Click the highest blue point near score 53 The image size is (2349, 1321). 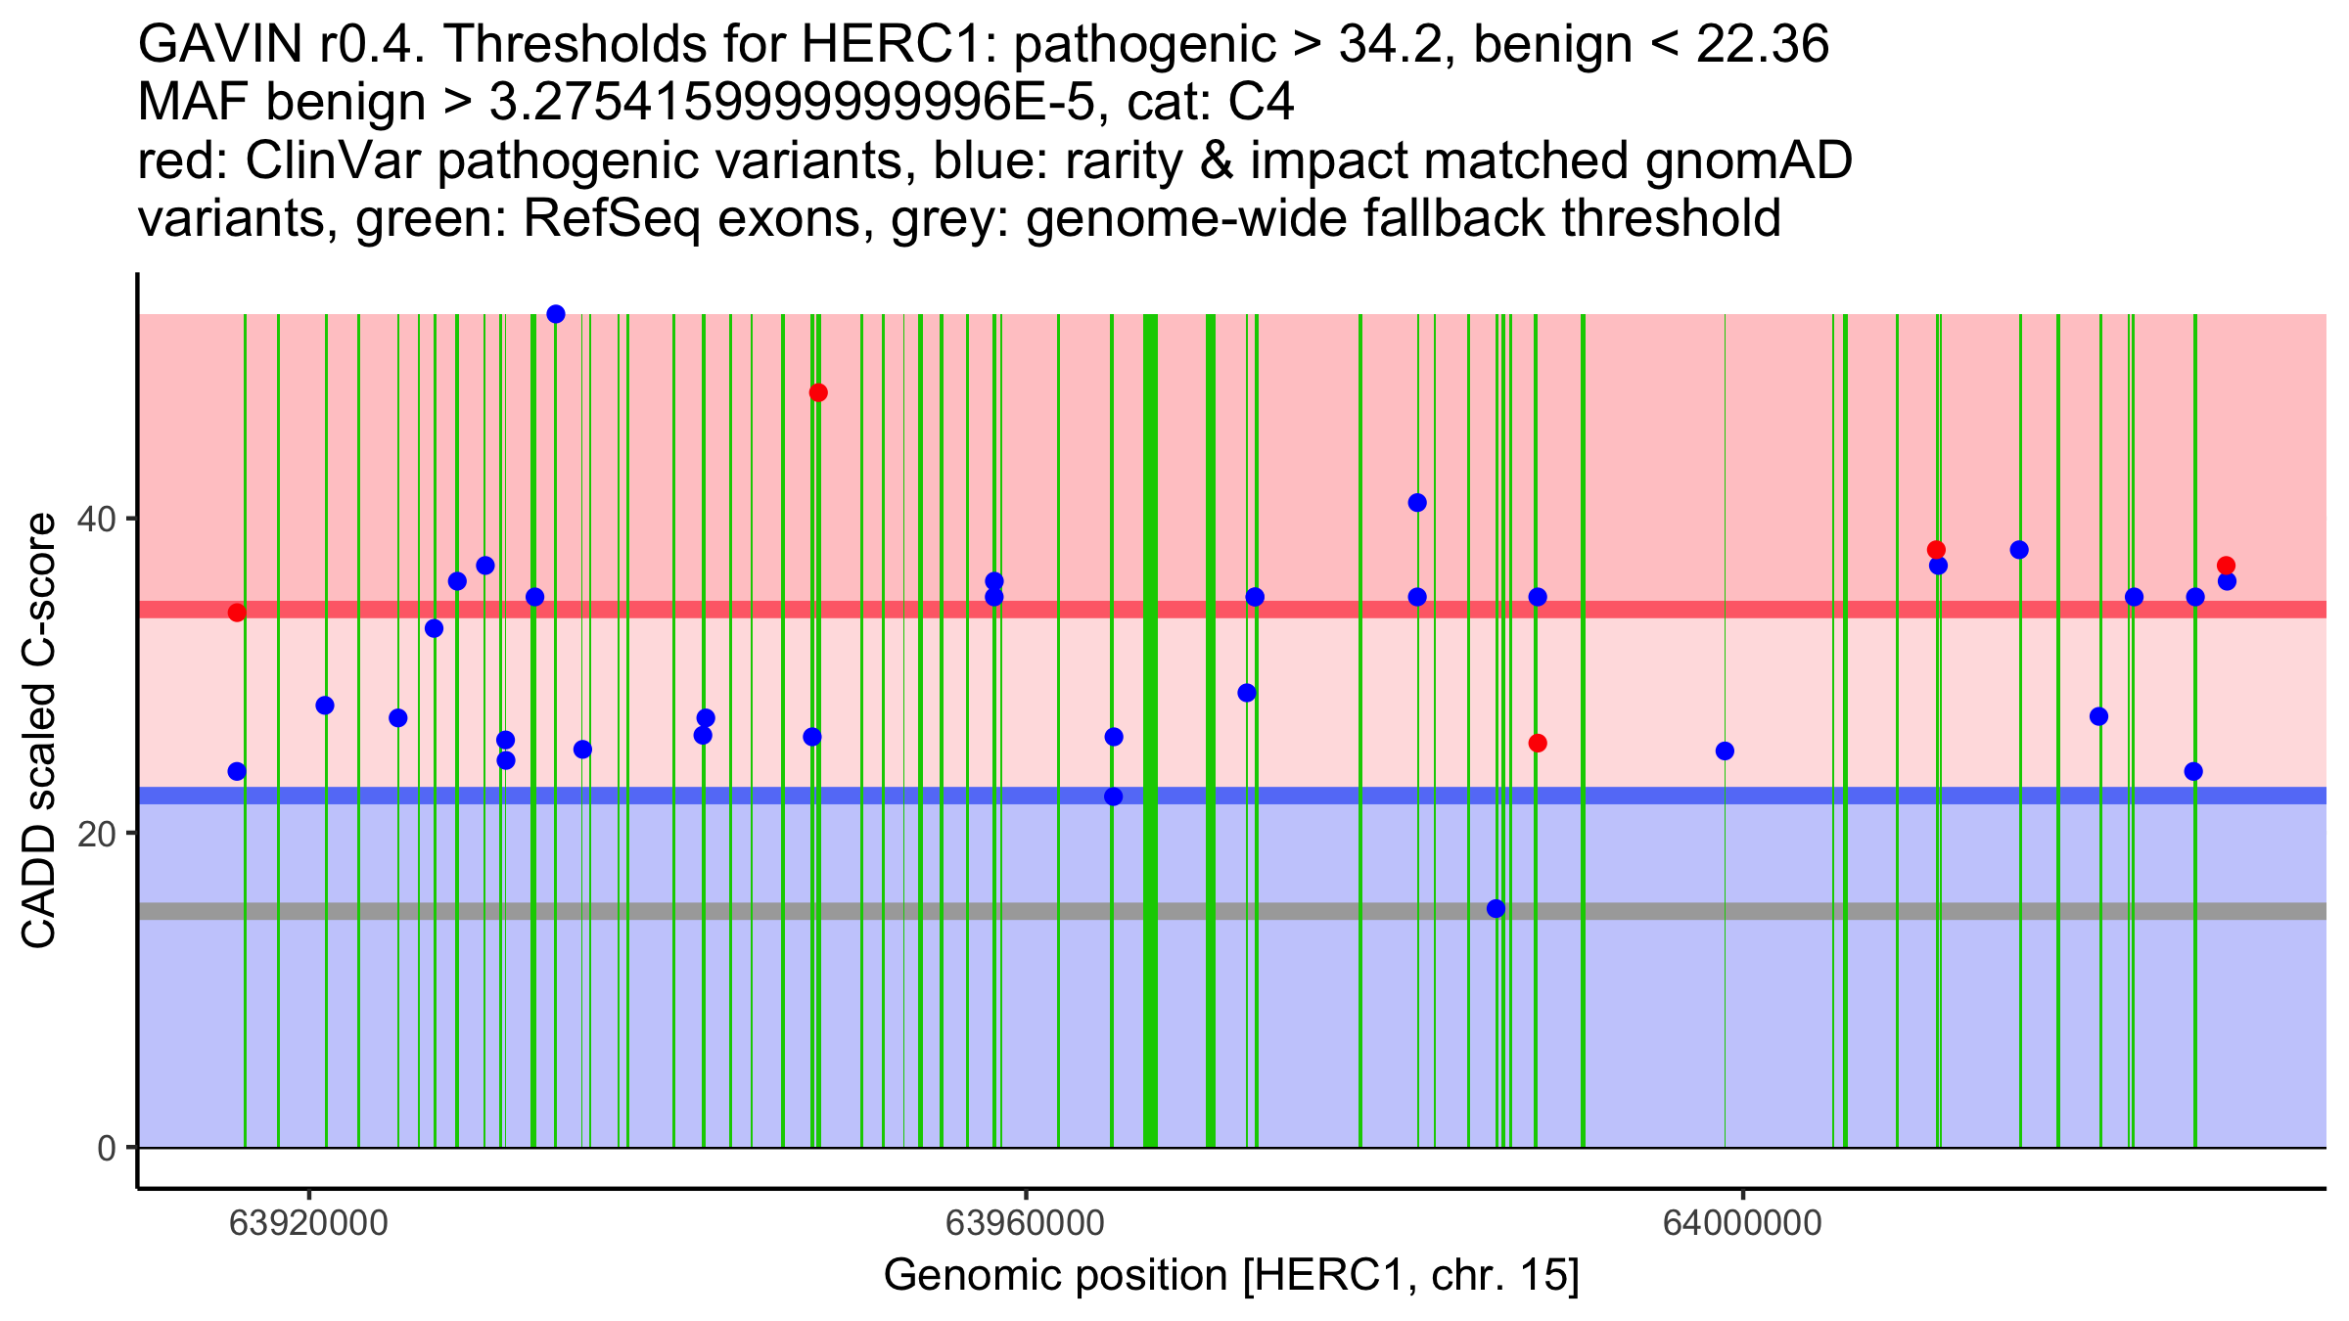(556, 314)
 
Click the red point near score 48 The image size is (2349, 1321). (818, 392)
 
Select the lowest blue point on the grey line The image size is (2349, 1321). (1496, 909)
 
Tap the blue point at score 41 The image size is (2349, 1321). (1417, 503)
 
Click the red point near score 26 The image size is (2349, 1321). (1538, 744)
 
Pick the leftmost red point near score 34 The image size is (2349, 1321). (237, 613)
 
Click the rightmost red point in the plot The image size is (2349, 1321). (2226, 566)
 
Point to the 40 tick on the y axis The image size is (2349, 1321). (132, 519)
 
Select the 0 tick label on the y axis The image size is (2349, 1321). (107, 1148)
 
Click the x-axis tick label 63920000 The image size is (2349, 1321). (308, 1223)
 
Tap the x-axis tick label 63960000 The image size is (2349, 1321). (1026, 1223)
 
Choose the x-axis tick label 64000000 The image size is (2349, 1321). (1742, 1223)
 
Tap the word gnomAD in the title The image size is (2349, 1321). (1748, 161)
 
